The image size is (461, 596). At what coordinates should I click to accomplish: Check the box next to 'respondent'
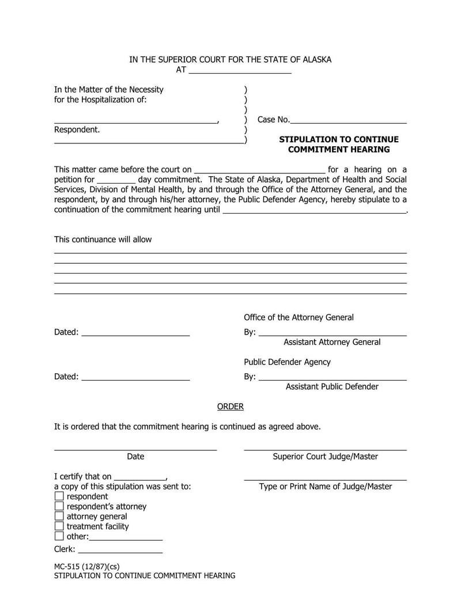click(59, 496)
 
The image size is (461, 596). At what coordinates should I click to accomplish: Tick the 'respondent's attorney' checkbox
click(59, 506)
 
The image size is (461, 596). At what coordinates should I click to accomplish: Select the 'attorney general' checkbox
click(59, 517)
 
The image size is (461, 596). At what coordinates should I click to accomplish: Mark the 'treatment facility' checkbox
click(59, 526)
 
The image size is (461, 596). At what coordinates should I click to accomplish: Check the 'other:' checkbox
click(59, 536)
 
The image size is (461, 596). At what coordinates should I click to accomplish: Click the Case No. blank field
click(349, 120)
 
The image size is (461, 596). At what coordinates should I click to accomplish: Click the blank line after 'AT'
click(240, 71)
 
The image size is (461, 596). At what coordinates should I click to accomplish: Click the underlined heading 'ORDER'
click(230, 407)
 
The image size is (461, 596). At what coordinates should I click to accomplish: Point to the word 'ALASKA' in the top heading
click(316, 59)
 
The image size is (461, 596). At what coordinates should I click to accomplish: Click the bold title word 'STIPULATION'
click(309, 139)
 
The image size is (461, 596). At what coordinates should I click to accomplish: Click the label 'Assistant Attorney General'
click(332, 342)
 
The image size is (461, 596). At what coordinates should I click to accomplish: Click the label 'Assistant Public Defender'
click(332, 386)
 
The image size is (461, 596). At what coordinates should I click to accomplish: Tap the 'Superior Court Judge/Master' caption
click(325, 457)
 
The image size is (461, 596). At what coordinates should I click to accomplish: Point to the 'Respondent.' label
click(77, 130)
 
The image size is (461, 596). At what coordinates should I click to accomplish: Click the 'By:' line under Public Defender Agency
click(332, 377)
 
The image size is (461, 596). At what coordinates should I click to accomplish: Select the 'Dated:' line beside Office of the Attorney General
click(135, 333)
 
